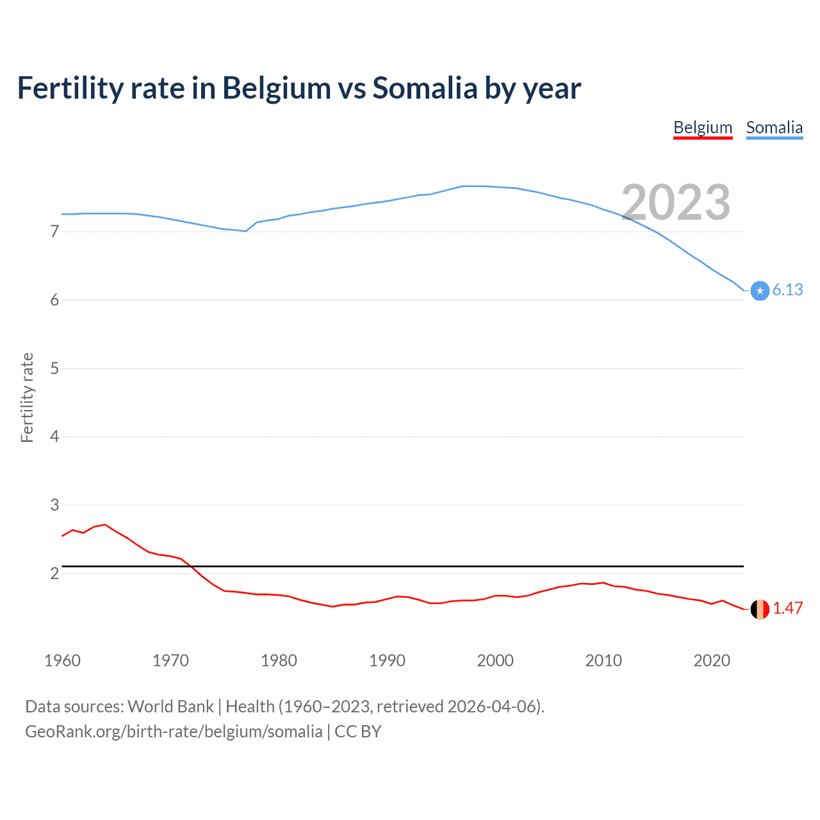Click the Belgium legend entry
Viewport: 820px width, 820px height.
click(x=703, y=127)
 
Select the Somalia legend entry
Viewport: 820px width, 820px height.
click(x=774, y=127)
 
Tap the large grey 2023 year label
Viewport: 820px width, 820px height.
click(x=676, y=202)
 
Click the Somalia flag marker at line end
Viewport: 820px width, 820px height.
click(x=760, y=291)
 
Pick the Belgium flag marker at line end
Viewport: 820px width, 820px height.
click(x=760, y=609)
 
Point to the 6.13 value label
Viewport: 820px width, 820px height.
click(x=787, y=290)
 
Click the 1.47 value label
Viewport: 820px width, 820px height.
click(x=787, y=609)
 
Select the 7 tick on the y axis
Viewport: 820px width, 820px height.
click(x=54, y=231)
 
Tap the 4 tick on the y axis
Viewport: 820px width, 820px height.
click(x=54, y=437)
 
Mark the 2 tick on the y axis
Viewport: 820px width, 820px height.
click(x=54, y=573)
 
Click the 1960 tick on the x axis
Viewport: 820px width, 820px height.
click(x=62, y=660)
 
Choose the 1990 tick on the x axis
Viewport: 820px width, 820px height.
click(x=387, y=660)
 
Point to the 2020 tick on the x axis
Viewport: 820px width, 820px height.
click(x=712, y=660)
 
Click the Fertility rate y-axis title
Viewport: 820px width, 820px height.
click(x=27, y=397)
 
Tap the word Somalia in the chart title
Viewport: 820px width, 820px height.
click(x=425, y=88)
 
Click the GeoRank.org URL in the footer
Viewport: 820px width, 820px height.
click(x=174, y=732)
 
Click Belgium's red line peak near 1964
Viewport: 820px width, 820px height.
click(x=105, y=525)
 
